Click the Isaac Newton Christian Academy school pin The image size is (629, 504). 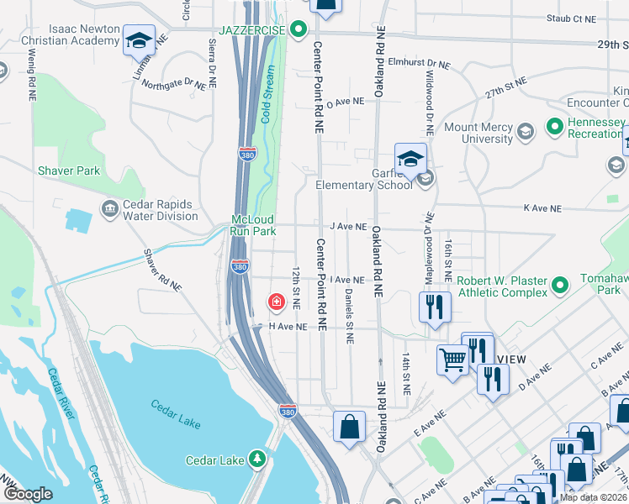point(138,39)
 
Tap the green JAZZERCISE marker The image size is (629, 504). point(298,30)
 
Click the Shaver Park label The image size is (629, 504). point(69,171)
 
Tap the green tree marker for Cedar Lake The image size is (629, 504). point(258,459)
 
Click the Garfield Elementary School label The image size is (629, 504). point(363,185)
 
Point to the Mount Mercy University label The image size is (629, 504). point(478,133)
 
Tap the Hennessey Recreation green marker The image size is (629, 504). point(554,128)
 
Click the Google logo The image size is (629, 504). point(28,495)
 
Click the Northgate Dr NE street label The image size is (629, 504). point(174,84)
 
